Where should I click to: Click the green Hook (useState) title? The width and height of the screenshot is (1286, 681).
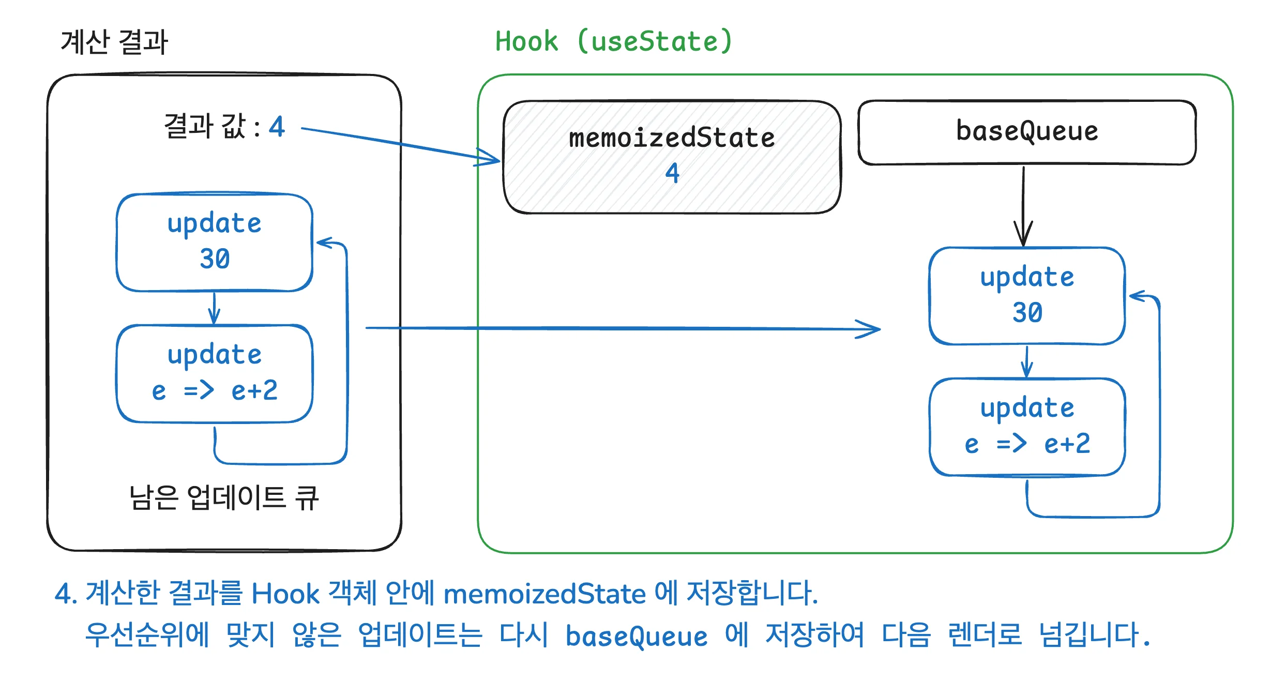click(614, 41)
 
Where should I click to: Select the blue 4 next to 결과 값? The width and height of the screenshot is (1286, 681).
click(277, 127)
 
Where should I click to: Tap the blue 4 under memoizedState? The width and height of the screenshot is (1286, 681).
click(672, 173)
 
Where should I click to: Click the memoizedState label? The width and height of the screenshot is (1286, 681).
click(672, 138)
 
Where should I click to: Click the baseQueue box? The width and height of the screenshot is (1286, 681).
click(1026, 132)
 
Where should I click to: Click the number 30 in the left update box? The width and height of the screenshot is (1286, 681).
click(215, 259)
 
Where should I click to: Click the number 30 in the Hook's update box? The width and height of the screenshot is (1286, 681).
click(1027, 312)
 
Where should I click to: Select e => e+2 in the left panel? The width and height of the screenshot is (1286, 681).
click(215, 390)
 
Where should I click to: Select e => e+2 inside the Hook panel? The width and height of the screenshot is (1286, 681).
click(1027, 444)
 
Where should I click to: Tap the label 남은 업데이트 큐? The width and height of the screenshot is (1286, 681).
click(224, 498)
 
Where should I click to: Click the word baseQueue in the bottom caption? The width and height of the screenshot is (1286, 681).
click(636, 637)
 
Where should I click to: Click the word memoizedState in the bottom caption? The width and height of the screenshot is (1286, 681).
click(544, 594)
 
